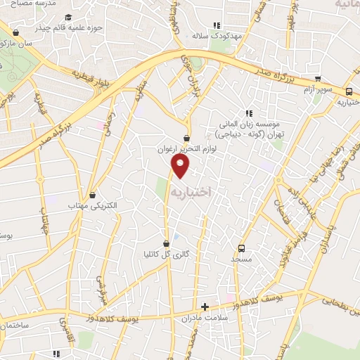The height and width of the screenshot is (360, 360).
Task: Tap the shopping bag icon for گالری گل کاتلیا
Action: pos(166,244)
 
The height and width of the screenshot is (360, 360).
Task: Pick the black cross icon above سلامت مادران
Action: pos(205,307)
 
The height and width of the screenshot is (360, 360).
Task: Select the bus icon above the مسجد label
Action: pos(241,248)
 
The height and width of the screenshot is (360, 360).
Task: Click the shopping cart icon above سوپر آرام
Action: pos(318,79)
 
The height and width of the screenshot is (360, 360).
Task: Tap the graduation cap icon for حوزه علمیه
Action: pos(67,18)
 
